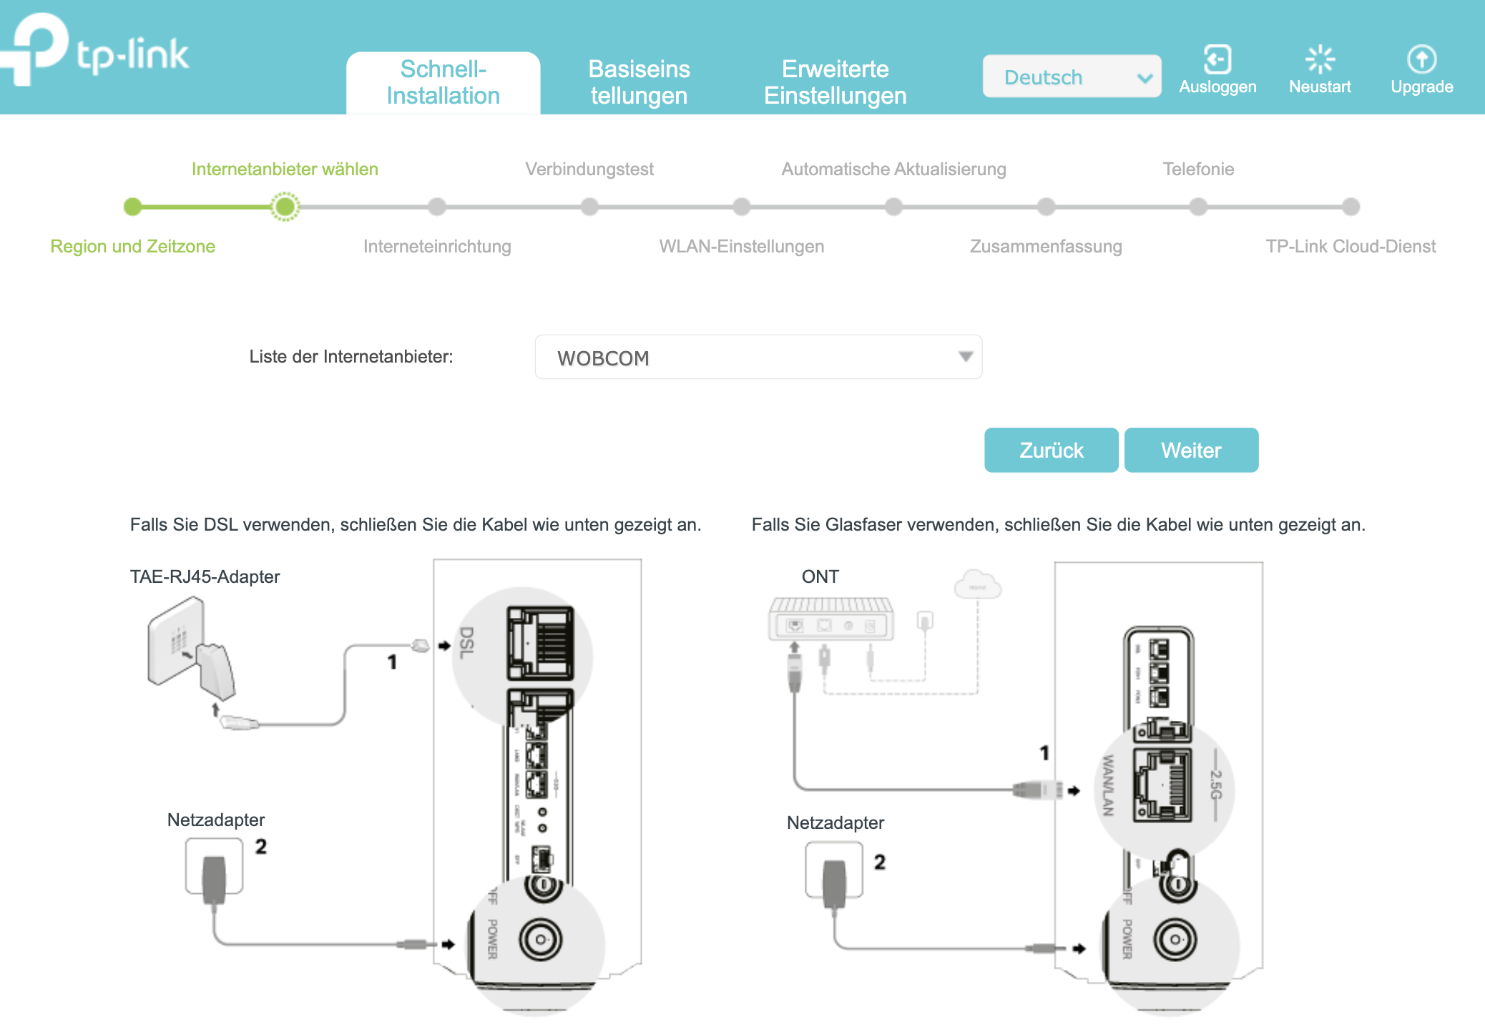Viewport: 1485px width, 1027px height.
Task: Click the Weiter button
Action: (x=1191, y=450)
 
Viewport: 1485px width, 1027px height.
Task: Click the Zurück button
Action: (x=1051, y=450)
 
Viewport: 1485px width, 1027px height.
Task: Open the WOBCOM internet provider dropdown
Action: (x=758, y=357)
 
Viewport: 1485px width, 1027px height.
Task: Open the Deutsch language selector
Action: (x=1071, y=77)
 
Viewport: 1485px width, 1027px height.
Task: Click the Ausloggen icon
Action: (x=1217, y=60)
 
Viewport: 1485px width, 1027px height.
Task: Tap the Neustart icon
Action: (x=1320, y=60)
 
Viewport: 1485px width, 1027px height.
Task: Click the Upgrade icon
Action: (x=1421, y=60)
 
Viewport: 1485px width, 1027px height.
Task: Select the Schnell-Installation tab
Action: (x=443, y=82)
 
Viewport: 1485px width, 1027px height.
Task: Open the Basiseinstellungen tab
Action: (x=639, y=82)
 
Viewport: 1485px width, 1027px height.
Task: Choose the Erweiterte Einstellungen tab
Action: (x=835, y=82)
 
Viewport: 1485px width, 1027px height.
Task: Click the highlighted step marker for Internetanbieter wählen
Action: (x=285, y=207)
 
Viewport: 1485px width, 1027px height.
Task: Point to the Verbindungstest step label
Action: (x=589, y=169)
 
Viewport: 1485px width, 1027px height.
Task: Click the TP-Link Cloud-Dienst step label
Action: (x=1350, y=246)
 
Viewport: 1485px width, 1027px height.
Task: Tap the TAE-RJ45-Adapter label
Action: (x=205, y=576)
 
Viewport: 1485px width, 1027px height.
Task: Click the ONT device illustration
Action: (x=830, y=619)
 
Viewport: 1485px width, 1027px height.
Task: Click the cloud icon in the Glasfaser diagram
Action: (x=977, y=584)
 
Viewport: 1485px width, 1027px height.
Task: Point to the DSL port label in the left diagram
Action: (x=466, y=642)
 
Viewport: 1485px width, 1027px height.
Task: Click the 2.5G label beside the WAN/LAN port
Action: (x=1215, y=785)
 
